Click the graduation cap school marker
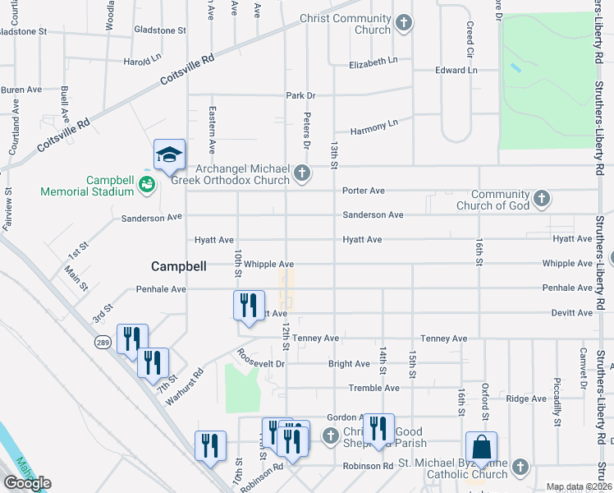point(169,155)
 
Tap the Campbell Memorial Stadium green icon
point(146,185)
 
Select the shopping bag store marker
point(482,449)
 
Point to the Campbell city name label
point(178,266)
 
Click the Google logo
point(27,483)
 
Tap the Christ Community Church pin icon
point(403,22)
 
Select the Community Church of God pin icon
point(541,198)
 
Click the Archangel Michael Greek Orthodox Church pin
point(303,173)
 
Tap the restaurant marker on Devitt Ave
point(249,305)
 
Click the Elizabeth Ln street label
point(373,62)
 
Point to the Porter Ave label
point(364,191)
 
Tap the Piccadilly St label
point(557,402)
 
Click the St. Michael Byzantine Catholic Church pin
point(519,467)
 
